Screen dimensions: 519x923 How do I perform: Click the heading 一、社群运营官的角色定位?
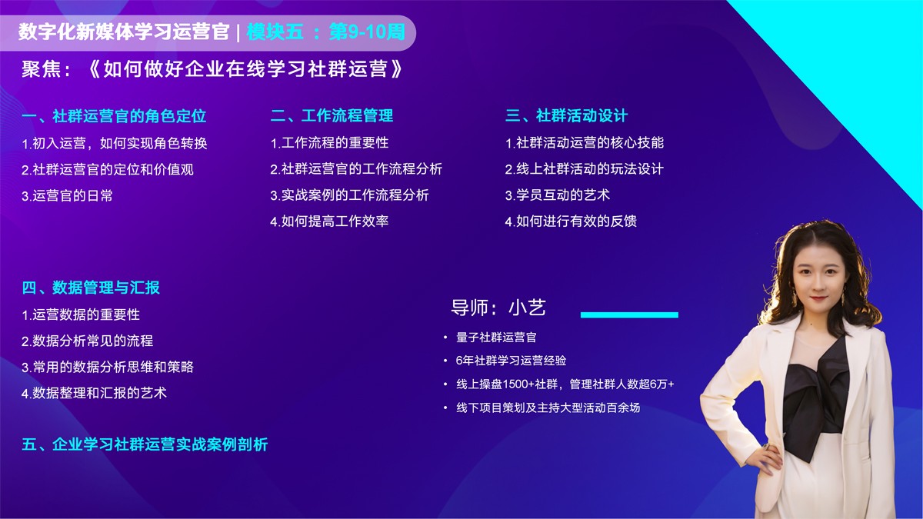pyautogui.click(x=114, y=116)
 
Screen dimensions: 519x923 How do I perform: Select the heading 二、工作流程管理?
pyautogui.click(x=332, y=116)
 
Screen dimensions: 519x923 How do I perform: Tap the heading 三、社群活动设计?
pyautogui.click(x=566, y=116)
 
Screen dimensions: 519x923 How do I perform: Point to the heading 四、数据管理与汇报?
pyautogui.click(x=91, y=288)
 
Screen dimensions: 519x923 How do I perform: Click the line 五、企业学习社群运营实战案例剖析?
pyautogui.click(x=145, y=444)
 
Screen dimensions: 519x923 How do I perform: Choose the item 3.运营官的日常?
pyautogui.click(x=67, y=195)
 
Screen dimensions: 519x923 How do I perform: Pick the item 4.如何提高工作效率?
pyautogui.click(x=329, y=221)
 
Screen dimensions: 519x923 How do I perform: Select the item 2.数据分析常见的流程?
pyautogui.click(x=87, y=341)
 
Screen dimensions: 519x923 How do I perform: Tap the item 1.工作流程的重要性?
pyautogui.click(x=329, y=143)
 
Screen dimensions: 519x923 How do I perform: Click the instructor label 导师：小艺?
pyautogui.click(x=498, y=308)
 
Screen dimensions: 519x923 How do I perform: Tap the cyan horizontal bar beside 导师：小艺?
pyautogui.click(x=629, y=314)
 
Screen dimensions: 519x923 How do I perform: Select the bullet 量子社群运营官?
pyautogui.click(x=496, y=337)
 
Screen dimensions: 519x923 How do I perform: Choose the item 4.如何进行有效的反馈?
pyautogui.click(x=571, y=221)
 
